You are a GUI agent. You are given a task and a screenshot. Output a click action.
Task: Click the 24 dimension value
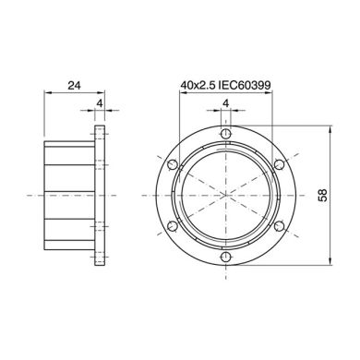pos(75,85)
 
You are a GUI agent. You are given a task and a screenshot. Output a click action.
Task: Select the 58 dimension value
pos(323,195)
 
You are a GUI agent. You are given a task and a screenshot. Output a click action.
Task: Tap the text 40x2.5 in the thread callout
pos(198,85)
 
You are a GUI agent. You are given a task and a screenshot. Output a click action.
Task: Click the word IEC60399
pos(245,85)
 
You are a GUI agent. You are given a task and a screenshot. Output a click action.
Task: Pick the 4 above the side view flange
pos(100,103)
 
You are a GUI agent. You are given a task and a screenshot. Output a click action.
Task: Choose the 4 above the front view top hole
pos(226,103)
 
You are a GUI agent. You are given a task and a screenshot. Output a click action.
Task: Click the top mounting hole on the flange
pos(226,134)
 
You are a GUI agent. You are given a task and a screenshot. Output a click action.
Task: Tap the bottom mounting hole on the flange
pos(226,257)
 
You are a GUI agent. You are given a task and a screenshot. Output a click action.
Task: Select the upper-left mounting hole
pos(173,164)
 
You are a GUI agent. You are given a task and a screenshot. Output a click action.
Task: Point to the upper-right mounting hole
pos(279,164)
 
